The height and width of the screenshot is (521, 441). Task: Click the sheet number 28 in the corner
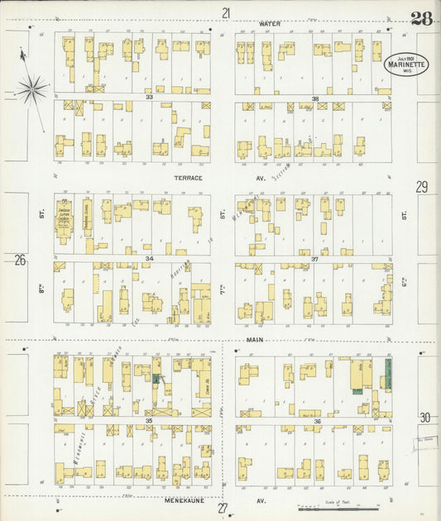pyautogui.click(x=420, y=19)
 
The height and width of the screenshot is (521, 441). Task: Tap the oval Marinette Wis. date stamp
pyautogui.click(x=400, y=63)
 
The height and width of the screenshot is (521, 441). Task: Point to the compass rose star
pyautogui.click(x=31, y=88)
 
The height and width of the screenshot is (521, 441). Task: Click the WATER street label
pyautogui.click(x=270, y=24)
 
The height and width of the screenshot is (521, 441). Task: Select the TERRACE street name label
pyautogui.click(x=188, y=178)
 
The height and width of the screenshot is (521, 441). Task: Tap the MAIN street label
pyautogui.click(x=254, y=339)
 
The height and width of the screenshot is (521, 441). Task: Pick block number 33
pyautogui.click(x=150, y=98)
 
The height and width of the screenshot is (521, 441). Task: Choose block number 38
pyautogui.click(x=315, y=98)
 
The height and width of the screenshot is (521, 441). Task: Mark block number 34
pyautogui.click(x=150, y=259)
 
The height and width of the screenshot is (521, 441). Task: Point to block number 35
pyautogui.click(x=150, y=421)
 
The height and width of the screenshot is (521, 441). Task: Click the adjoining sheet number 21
pyautogui.click(x=225, y=12)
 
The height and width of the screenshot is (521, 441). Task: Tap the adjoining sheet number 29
pyautogui.click(x=422, y=187)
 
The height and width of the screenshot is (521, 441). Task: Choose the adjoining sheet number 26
pyautogui.click(x=20, y=260)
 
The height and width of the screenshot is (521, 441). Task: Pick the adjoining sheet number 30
pyautogui.click(x=424, y=418)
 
